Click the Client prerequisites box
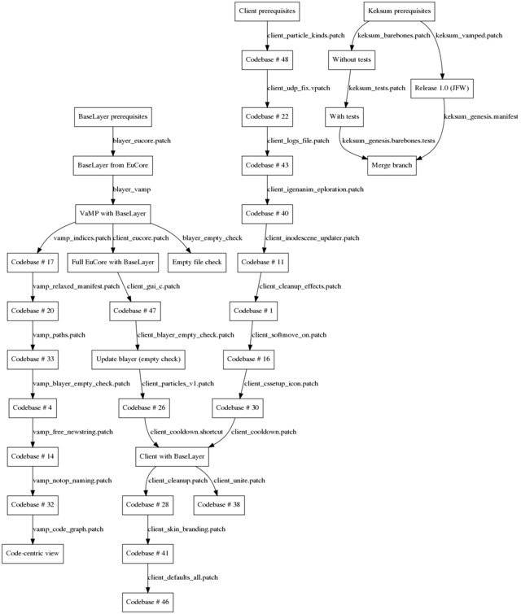[267, 11]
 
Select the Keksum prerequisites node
[399, 11]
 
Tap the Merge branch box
[392, 165]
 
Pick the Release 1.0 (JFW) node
[441, 88]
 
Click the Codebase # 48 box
[267, 59]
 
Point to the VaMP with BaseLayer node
[112, 214]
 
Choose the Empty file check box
[197, 263]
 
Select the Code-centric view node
[33, 554]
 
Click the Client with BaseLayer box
[172, 456]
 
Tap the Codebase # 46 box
[147, 602]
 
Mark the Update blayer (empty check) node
[138, 359]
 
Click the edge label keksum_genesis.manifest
[481, 116]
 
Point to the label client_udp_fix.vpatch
[298, 88]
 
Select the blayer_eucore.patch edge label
[142, 141]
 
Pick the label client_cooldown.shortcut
[186, 432]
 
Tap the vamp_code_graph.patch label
[68, 529]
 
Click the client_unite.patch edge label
[239, 481]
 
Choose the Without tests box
[351, 59]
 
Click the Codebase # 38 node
[219, 505]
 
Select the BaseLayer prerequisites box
[113, 116]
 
